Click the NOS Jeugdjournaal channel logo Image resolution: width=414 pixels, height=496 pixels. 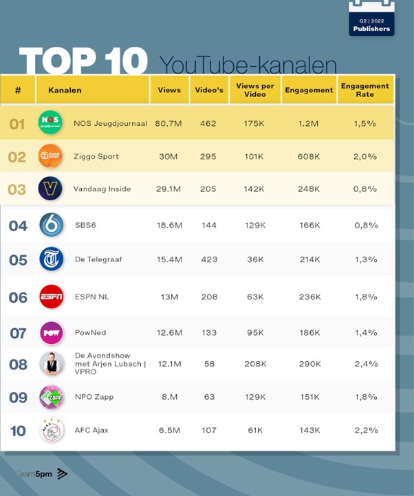pos(50,122)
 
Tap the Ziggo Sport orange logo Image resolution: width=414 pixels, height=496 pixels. pos(50,156)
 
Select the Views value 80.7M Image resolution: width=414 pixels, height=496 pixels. pos(168,124)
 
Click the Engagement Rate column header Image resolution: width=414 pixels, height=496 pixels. pos(365,90)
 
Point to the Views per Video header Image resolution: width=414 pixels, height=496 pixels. pos(254,90)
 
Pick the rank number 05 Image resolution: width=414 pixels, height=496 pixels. pos(18,260)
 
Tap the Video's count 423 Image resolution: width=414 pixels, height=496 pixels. pos(209,259)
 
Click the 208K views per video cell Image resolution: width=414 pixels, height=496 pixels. pos(255,363)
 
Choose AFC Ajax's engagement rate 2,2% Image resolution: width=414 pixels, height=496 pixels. pos(364,430)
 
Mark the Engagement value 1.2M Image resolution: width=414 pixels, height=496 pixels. pos(309,124)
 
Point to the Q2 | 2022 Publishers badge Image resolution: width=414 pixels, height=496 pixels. pos(371,21)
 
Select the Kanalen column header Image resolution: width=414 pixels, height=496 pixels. pos(65,90)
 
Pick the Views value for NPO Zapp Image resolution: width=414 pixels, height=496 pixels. pos(168,397)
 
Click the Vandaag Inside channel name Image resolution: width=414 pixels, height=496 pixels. pos(102,189)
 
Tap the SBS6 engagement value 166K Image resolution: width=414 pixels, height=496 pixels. pos(309,225)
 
